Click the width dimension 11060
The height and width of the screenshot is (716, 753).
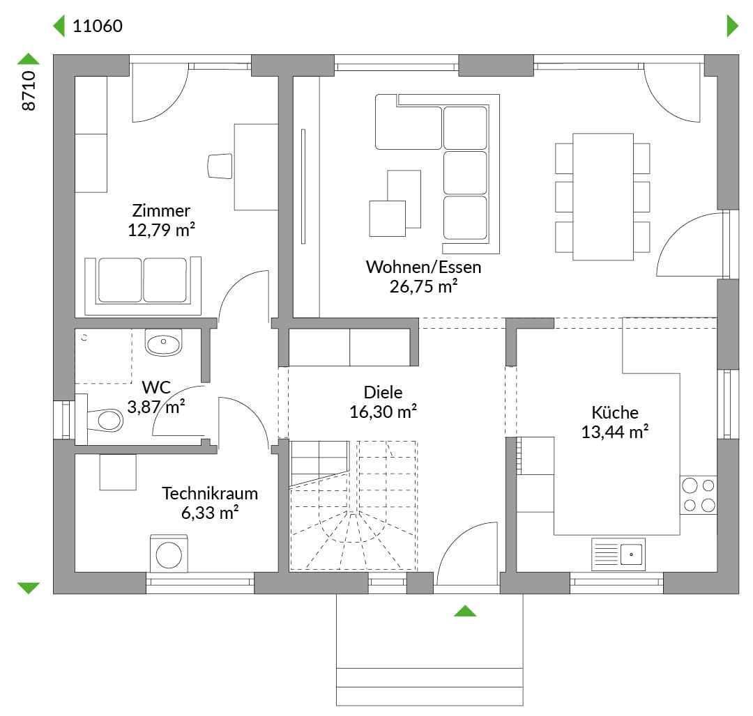98,26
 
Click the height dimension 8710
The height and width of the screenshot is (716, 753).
29,91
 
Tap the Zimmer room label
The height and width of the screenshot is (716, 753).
161,210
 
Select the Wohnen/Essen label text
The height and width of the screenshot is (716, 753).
424,267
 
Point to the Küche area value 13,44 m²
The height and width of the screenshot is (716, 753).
615,432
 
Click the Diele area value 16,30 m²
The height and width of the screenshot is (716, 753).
383,412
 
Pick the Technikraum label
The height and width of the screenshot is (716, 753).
210,494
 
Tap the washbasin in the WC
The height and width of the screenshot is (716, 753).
163,342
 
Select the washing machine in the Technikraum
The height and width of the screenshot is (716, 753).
169,554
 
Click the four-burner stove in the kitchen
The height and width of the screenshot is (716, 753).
699,495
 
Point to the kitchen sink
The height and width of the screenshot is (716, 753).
618,554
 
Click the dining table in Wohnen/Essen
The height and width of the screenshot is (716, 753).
603,196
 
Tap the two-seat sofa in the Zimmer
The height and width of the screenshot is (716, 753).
143,286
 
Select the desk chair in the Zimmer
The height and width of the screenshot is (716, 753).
220,166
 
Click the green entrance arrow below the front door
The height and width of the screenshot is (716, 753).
465,611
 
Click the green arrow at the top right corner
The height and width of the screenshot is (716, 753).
732,26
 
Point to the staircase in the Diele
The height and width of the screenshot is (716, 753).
353,506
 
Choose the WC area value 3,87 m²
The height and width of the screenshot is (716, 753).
156,407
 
